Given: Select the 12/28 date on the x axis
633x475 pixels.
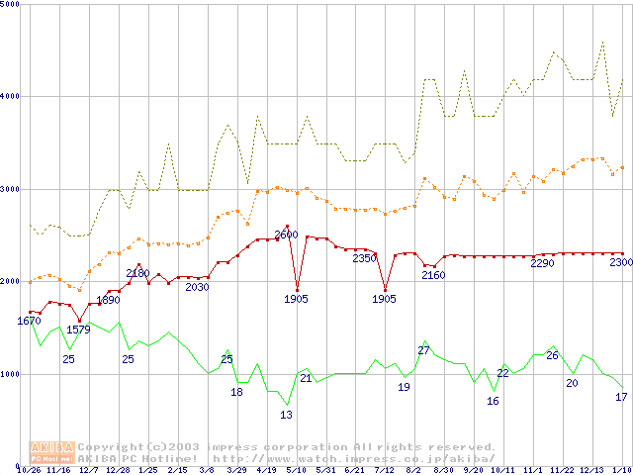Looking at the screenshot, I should (x=118, y=470).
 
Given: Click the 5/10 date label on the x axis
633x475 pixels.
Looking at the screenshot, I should (x=296, y=470).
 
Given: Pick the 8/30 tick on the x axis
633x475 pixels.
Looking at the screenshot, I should (x=443, y=470).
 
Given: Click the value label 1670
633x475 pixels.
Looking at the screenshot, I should (x=30, y=321).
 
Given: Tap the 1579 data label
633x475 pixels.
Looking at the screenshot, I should (x=78, y=330).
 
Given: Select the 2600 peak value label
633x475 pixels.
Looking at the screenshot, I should (x=286, y=236).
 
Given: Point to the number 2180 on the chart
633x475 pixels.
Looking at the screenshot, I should (x=137, y=273).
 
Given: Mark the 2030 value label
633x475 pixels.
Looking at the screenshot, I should (x=197, y=287).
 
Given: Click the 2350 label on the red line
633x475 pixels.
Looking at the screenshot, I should (x=365, y=258).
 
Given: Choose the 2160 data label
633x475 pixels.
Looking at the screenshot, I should (x=433, y=275).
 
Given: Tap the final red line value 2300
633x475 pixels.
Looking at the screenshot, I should (x=621, y=262).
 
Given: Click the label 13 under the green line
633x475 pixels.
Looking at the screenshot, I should (x=286, y=415).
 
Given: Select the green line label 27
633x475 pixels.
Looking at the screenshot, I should (x=423, y=350).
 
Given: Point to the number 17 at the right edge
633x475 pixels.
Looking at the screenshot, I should (x=621, y=397).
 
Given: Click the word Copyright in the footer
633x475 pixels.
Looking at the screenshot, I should (x=112, y=447).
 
